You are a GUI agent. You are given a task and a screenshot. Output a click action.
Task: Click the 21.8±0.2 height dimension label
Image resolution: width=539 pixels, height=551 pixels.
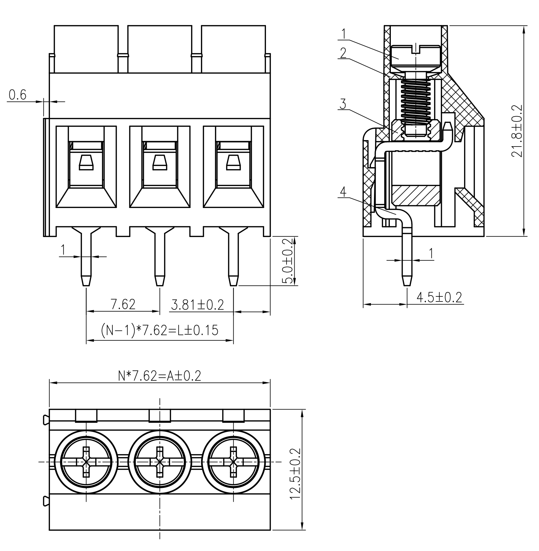516,131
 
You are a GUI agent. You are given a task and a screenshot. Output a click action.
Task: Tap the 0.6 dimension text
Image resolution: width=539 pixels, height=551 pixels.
18,95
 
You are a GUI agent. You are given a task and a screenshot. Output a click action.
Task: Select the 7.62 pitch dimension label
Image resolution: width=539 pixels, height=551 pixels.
123,304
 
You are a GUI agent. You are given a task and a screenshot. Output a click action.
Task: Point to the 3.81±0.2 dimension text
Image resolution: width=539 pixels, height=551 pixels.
197,305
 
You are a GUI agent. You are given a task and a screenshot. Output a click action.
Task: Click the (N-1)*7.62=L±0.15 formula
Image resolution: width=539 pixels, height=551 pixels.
160,330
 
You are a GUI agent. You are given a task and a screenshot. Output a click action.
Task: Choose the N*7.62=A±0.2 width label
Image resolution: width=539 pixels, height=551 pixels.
160,375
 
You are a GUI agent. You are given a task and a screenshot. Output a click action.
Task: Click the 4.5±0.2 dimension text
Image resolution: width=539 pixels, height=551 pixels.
439,297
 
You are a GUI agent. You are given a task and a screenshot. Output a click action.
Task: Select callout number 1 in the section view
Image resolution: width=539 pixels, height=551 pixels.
344,34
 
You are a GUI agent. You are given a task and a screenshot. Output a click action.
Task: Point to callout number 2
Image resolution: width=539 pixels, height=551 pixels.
343,53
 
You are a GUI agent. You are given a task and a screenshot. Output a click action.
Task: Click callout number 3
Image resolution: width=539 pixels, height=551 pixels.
343,104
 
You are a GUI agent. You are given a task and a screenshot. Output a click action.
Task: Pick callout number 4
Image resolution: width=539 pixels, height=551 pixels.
343,192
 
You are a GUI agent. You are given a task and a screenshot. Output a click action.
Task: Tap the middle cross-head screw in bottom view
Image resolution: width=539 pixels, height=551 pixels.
160,462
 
